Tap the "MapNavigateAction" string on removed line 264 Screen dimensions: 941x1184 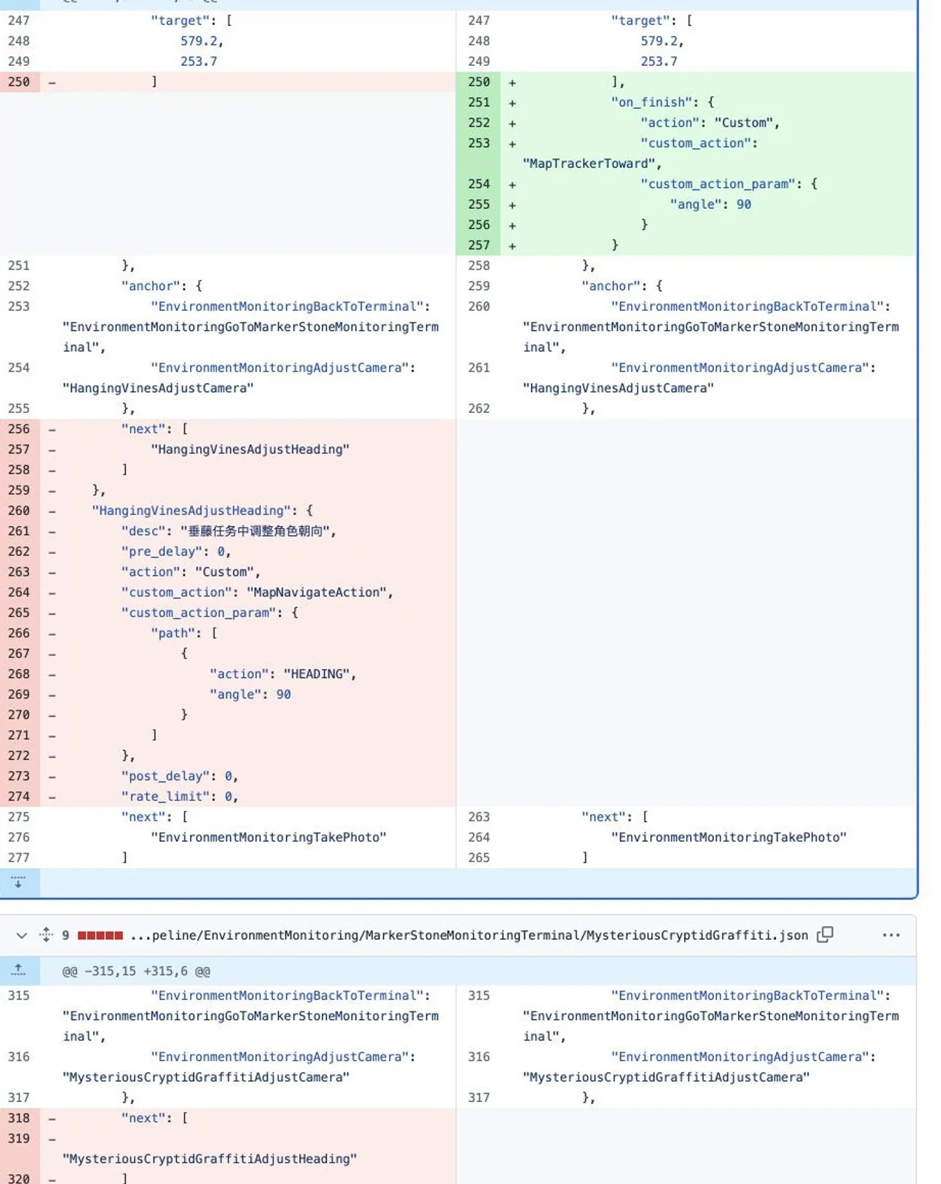click(x=316, y=593)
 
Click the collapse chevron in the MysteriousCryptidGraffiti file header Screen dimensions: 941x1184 click(x=21, y=936)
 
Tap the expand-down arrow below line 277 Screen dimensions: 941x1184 click(x=18, y=883)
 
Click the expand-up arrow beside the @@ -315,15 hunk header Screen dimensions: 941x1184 click(x=18, y=970)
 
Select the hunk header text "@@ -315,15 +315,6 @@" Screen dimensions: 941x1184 click(x=136, y=971)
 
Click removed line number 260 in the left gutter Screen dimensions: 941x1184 click(x=18, y=511)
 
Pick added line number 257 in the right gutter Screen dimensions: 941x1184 click(x=479, y=246)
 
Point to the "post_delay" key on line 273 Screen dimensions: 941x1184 click(x=165, y=776)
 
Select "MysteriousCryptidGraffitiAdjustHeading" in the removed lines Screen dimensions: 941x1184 click(x=209, y=1160)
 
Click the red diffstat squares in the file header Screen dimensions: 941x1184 click(x=100, y=935)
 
